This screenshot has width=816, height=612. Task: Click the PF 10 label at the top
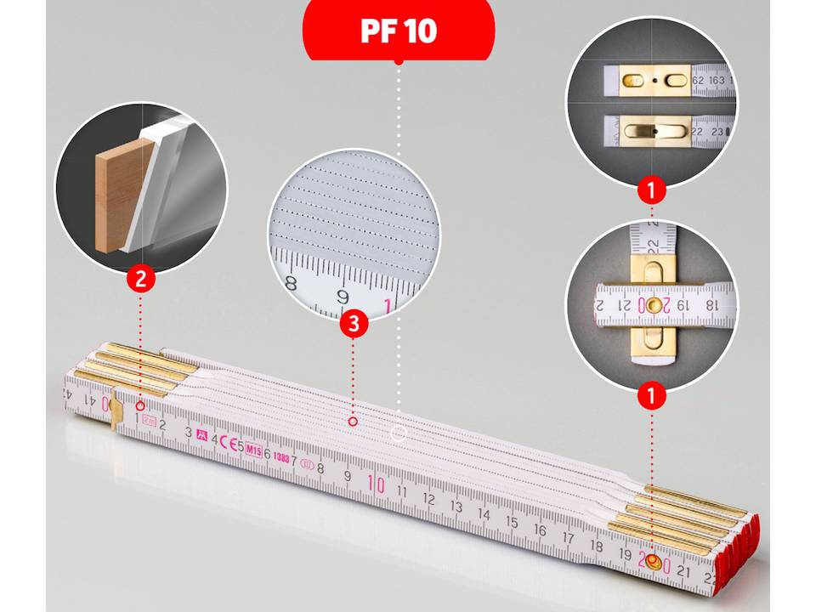coord(399,31)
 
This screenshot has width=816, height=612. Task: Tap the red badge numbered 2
coord(141,279)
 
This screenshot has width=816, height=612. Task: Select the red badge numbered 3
coord(353,324)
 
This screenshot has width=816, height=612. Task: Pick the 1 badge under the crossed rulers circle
coord(652,394)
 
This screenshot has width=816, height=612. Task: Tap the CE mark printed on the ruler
coord(227,444)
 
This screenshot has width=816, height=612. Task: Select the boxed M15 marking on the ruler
coord(253,450)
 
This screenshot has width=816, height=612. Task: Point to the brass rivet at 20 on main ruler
coord(652,563)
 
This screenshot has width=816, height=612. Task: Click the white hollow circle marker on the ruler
coord(398,434)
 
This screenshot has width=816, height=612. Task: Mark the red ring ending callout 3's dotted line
coord(353,421)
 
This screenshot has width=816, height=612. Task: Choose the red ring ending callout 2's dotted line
coord(140,406)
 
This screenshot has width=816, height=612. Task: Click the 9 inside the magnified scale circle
coord(344,297)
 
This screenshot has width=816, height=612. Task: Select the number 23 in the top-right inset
coord(717,133)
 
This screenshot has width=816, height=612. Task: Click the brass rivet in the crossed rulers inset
coord(652,304)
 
